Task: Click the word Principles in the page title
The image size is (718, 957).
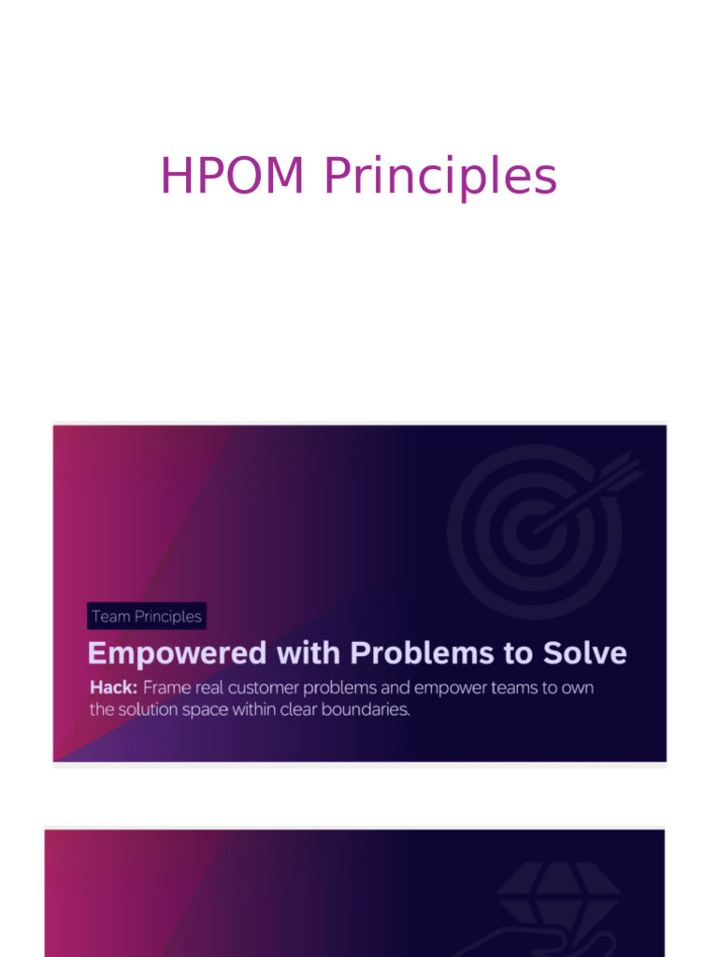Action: point(439,178)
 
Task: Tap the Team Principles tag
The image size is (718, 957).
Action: point(147,617)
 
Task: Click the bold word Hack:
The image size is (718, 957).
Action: point(113,688)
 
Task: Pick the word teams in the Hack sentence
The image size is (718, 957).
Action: point(518,688)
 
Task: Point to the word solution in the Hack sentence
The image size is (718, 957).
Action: point(150,710)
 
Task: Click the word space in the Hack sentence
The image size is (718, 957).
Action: point(207,710)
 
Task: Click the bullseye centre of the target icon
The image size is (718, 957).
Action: point(535,530)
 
